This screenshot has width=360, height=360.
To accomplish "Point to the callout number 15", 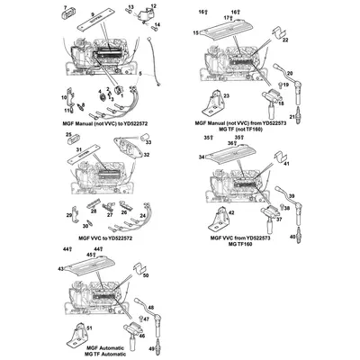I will tap(194, 32).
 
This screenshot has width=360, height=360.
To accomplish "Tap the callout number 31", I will tap(78, 149).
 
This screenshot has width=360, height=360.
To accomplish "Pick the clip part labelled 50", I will tap(138, 269).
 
